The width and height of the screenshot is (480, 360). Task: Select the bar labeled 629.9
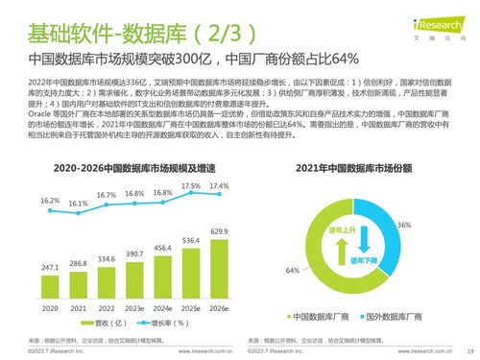tap(221, 263)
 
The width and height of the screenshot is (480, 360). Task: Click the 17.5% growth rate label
tap(191, 186)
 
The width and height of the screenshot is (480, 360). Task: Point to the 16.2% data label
tap(50, 201)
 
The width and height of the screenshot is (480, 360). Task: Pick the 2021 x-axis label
tap(79, 309)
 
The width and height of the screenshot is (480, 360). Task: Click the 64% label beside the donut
tap(292, 271)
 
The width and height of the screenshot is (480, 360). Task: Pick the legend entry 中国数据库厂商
tap(320, 315)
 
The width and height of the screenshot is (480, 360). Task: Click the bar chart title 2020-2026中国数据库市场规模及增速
tap(121, 169)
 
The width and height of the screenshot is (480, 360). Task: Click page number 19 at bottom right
tap(469, 352)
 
